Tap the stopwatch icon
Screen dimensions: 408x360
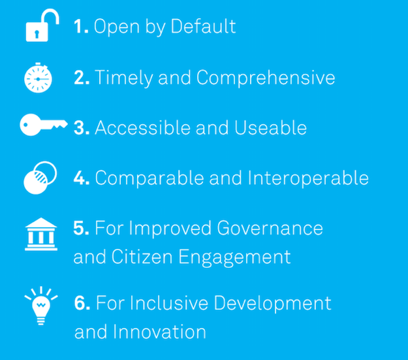(38, 78)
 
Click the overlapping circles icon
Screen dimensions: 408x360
(40, 178)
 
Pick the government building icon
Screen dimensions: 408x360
(41, 234)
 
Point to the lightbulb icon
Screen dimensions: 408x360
(41, 306)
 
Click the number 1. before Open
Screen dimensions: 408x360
(81, 26)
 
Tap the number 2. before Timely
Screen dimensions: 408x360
(82, 77)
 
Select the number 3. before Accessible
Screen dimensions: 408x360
(82, 127)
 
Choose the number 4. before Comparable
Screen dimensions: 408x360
(82, 178)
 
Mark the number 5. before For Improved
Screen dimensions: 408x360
(81, 228)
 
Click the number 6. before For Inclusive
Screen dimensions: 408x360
(82, 303)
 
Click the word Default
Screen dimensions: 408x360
(203, 26)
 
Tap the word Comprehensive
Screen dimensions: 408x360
(266, 78)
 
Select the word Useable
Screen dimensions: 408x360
(271, 127)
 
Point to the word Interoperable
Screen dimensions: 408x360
(308, 178)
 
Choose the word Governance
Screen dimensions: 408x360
(270, 228)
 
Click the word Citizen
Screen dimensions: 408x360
(142, 257)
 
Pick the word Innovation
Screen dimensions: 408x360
(159, 331)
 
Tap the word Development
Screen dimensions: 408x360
(272, 303)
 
